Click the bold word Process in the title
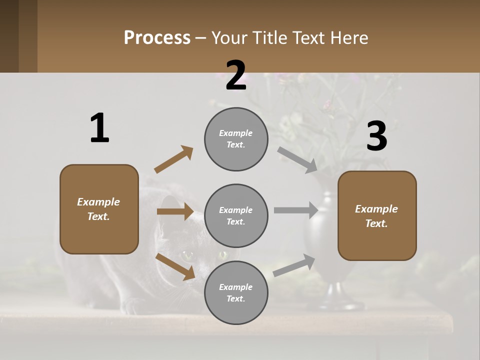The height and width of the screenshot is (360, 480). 157,38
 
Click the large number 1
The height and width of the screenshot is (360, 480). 99,128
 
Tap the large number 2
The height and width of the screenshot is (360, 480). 236,75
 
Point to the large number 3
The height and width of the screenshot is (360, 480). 376,136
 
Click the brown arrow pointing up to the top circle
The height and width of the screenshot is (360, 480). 173,159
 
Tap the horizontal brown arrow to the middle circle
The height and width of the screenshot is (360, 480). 175,211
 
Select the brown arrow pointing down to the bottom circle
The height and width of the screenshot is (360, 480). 175,266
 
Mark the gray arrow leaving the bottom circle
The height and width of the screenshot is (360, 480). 294,265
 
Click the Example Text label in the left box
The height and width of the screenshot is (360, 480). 99,209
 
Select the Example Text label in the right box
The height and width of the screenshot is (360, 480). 376,216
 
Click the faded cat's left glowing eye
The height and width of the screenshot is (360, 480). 187,256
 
